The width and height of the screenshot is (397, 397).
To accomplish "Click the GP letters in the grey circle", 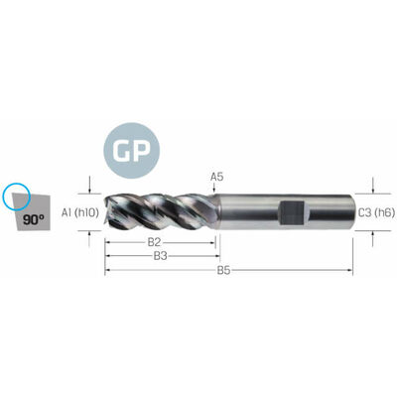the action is (x=131, y=151).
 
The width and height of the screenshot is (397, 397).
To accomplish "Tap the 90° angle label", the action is (x=34, y=219).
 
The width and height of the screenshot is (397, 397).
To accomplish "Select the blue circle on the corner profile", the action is (x=16, y=197).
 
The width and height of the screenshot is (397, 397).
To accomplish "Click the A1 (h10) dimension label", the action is (x=80, y=212).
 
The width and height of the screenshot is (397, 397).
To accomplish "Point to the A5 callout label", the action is (x=216, y=177).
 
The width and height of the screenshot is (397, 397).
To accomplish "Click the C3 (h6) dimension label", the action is (x=376, y=212).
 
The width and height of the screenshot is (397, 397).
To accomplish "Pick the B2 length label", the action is (x=154, y=242).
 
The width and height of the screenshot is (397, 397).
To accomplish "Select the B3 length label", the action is (x=160, y=256).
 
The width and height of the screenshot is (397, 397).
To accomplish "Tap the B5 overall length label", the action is (x=223, y=270).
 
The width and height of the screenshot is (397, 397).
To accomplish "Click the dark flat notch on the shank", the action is (x=292, y=212).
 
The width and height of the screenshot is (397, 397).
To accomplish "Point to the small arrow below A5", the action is (x=214, y=188).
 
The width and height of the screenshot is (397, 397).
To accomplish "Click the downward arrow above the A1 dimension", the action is (x=89, y=186).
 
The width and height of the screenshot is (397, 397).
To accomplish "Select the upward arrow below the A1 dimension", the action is (x=89, y=239).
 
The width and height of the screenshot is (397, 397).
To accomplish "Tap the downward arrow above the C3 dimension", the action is (x=373, y=186).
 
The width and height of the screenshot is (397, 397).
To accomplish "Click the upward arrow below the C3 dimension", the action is (x=373, y=238).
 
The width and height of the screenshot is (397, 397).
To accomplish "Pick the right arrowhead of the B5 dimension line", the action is (x=350, y=270).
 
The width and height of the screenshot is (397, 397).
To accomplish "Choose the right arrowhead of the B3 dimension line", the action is (x=217, y=256).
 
